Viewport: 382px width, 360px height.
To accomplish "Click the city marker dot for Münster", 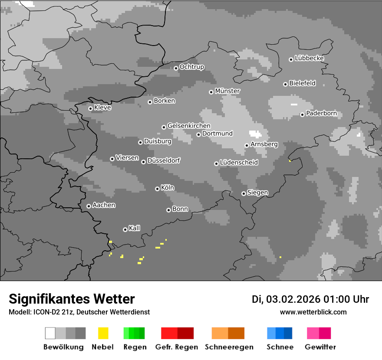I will [211, 92].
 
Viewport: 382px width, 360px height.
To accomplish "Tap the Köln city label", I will [168, 188].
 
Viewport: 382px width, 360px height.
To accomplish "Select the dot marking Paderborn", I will [302, 115].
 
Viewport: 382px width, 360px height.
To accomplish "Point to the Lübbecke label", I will [309, 58].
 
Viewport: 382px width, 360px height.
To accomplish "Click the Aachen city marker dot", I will [89, 206].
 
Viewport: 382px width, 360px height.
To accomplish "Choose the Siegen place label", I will [257, 193].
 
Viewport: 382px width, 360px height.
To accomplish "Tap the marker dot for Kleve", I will [90, 108].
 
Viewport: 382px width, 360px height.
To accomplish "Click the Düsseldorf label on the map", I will [164, 160].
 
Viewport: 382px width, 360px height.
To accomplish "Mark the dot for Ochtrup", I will [176, 68].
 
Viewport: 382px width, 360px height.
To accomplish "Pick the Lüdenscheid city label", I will [239, 163].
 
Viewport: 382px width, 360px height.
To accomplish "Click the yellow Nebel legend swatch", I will [103, 333].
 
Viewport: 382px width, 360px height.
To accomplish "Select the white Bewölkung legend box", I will [50, 333].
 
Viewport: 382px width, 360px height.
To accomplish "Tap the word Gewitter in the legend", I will [320, 347].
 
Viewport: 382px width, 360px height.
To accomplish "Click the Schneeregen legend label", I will [229, 347].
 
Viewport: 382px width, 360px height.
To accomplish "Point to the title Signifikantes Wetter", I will [72, 299].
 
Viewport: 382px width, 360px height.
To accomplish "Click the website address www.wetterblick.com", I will [313, 312].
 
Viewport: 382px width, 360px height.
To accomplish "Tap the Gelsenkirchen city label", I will [189, 126].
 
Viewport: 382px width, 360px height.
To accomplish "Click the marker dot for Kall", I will [125, 229].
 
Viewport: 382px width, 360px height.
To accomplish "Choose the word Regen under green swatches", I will [134, 347].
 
